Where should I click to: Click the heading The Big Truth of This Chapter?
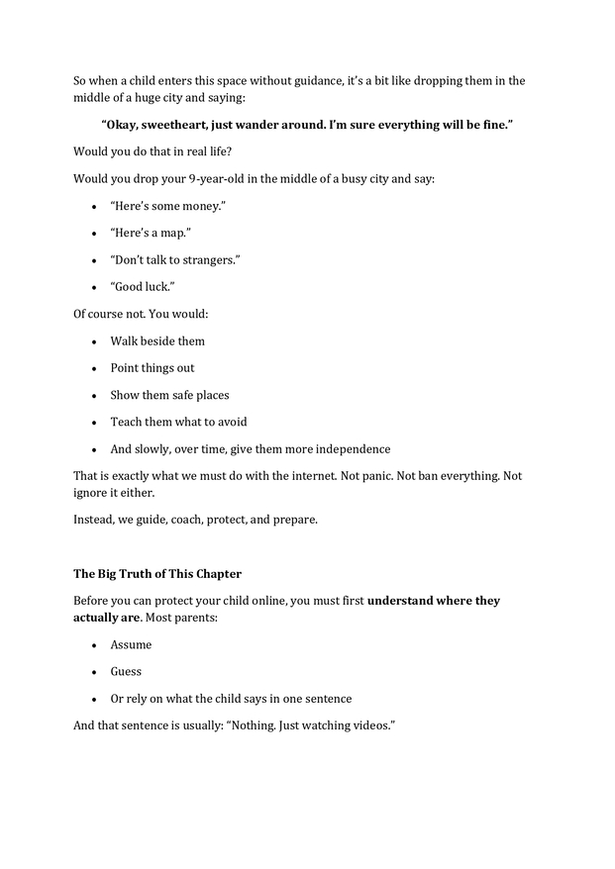click(x=156, y=574)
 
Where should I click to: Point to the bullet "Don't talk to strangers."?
click(x=175, y=259)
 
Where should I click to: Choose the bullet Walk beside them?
click(x=157, y=341)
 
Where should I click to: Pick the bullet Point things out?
click(x=153, y=368)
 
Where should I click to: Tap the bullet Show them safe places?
click(x=169, y=395)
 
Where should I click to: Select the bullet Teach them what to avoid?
click(x=178, y=422)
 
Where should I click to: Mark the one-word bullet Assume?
click(x=131, y=645)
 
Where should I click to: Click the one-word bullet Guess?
click(x=126, y=672)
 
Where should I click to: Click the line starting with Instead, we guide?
click(x=195, y=519)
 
